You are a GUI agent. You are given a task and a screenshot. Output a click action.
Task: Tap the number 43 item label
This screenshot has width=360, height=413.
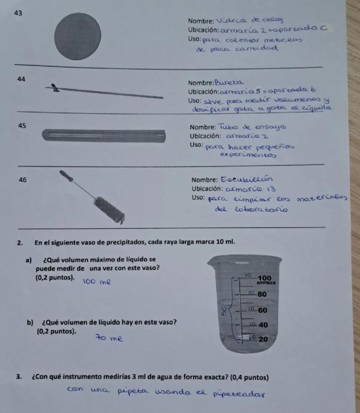18,13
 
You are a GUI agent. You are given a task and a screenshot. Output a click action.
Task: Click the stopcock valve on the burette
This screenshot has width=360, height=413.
55,88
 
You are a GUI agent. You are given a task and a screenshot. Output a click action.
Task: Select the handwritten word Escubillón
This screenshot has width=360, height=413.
247,180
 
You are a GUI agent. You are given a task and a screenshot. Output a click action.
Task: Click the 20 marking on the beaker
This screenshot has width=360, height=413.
263,339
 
